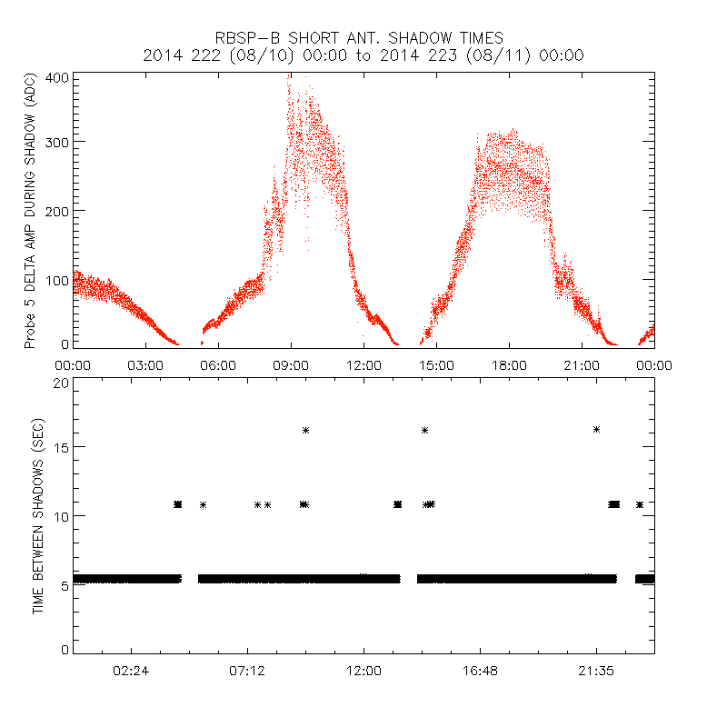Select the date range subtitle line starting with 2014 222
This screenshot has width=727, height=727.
click(363, 55)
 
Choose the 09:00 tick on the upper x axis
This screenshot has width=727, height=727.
click(291, 364)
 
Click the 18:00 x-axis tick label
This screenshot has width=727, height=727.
click(509, 364)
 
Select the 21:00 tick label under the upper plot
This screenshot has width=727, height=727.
click(582, 364)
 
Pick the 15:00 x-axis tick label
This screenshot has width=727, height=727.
click(436, 364)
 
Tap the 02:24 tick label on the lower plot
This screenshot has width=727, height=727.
click(131, 672)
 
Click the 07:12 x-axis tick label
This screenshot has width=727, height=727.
click(247, 672)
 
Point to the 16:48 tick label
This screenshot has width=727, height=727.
click(480, 672)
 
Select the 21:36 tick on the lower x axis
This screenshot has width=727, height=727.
click(596, 672)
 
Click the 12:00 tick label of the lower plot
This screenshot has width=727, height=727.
click(363, 672)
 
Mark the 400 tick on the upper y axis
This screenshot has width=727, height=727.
click(58, 77)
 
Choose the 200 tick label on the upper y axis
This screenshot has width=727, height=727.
click(58, 210)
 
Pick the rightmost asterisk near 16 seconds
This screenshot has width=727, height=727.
click(596, 429)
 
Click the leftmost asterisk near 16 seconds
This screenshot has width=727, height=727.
click(306, 430)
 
